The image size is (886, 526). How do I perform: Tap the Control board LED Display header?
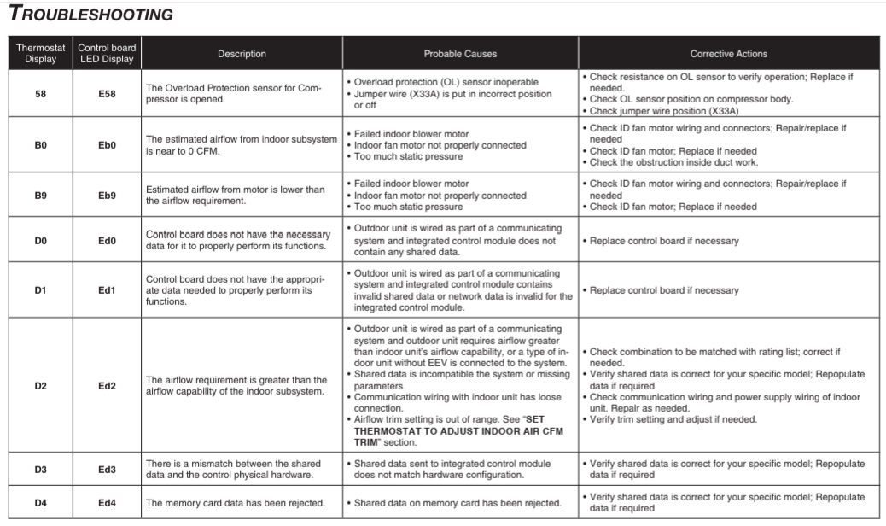pos(106,53)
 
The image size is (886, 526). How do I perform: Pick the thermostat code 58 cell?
pos(40,93)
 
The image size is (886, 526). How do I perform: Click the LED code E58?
pos(107,93)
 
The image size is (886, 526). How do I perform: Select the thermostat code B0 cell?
pos(40,145)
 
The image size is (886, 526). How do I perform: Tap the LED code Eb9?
pos(107,195)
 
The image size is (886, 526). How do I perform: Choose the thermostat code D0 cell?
pos(40,241)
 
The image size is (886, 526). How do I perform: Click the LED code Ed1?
pos(107,290)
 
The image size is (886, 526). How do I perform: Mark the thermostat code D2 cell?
pos(40,386)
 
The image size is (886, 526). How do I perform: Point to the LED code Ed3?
pos(107,469)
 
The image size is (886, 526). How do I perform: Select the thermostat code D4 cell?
pos(40,502)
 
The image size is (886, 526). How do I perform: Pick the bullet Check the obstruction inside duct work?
pos(674,162)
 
